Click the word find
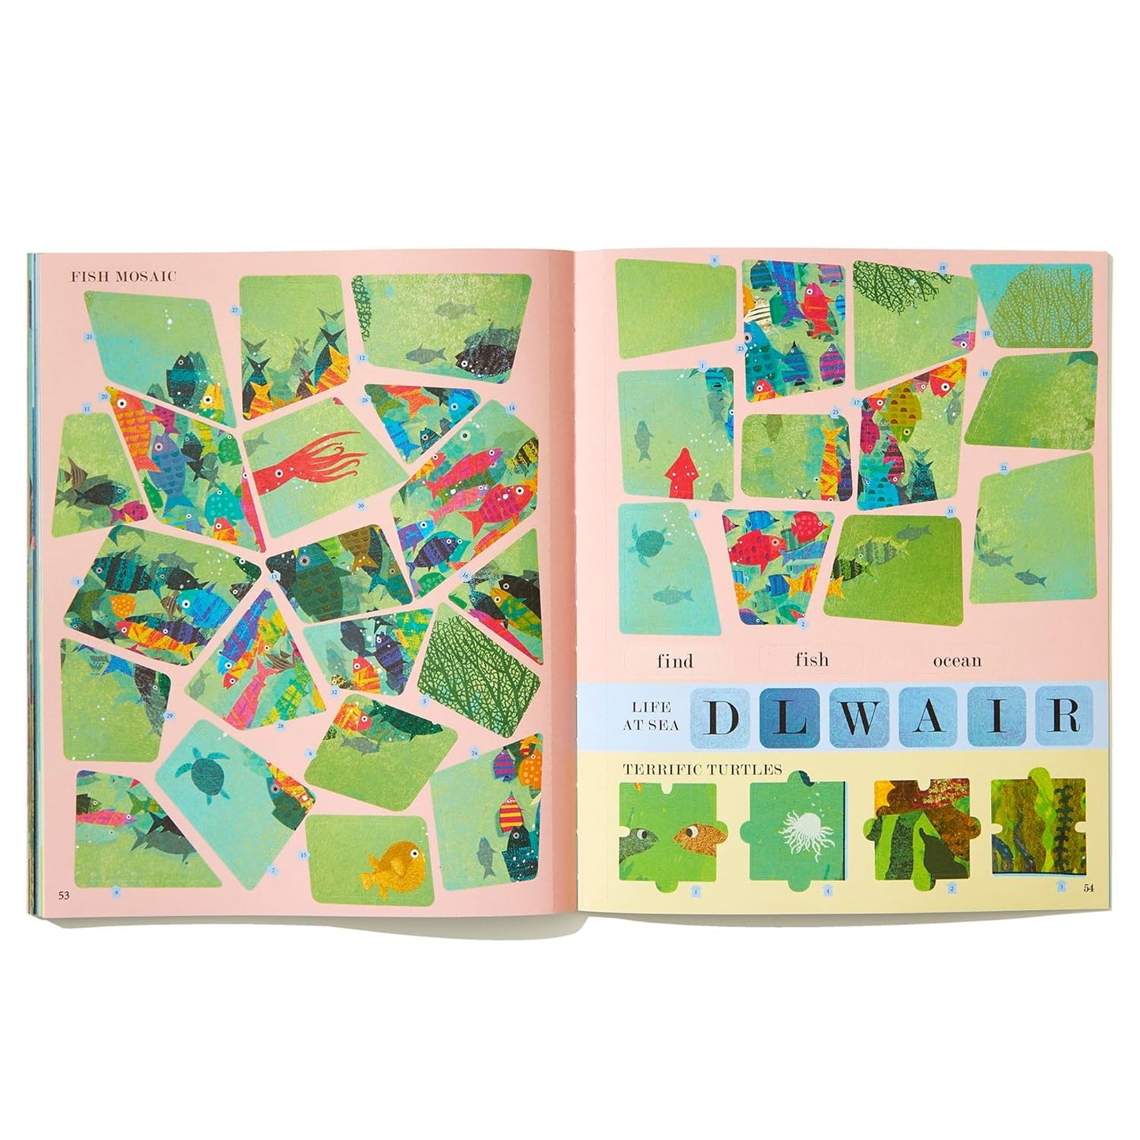tap(675, 661)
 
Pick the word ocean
tap(957, 661)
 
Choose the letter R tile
tap(1065, 716)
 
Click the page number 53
tap(62, 895)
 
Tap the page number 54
tap(1088, 888)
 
